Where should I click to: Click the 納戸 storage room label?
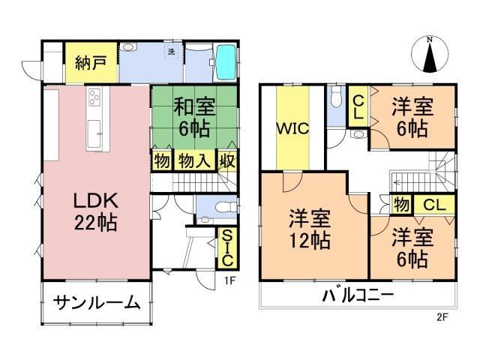coord(91,63)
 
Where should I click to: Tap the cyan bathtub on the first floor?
coord(226,61)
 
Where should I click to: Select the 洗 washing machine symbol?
coord(172,52)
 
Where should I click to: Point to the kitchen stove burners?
coord(94,94)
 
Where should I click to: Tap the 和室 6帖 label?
coord(194,117)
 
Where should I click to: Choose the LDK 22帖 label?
coord(95,212)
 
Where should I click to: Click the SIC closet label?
coord(227,248)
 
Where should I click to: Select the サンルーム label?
coord(97,303)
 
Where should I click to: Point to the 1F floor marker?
coord(229,280)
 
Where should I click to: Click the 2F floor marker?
coord(442,317)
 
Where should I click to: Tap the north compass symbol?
coord(430,55)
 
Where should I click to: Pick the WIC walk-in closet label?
coord(292,128)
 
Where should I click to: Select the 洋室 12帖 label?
coord(310,229)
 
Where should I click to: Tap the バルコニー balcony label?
coord(358,295)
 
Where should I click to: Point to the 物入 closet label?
coord(195,160)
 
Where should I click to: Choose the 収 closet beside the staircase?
coord(227,160)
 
